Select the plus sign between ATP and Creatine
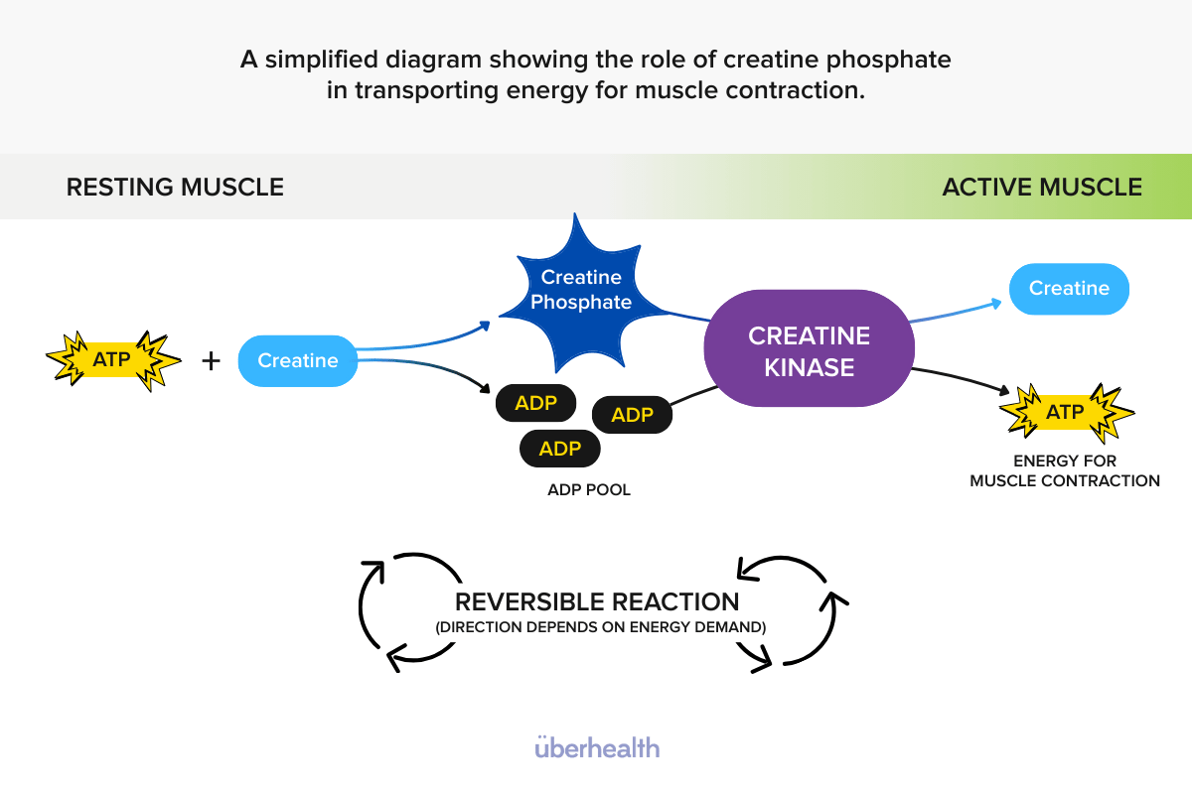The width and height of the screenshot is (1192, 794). [x=211, y=360]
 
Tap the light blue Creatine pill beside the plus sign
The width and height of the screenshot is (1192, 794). [x=297, y=360]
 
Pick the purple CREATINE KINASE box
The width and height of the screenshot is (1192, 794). [x=809, y=349]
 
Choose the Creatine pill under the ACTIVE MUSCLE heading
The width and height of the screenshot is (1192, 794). [x=1069, y=289]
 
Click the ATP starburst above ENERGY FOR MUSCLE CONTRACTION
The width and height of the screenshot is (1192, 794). [x=1066, y=412]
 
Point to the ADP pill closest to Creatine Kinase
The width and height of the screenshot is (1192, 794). [x=632, y=414]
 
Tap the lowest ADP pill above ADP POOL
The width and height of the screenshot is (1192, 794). [x=559, y=449]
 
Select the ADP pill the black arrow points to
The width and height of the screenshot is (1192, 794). [x=535, y=403]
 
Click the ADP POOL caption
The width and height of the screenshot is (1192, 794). [x=589, y=490]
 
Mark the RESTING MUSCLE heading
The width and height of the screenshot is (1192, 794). [x=175, y=187]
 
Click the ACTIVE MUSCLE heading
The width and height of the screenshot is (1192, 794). [x=1041, y=187]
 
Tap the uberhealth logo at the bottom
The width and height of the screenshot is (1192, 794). [x=596, y=746]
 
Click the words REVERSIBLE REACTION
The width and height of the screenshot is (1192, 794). [x=596, y=601]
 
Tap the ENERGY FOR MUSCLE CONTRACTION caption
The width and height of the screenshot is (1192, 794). [x=1065, y=470]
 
